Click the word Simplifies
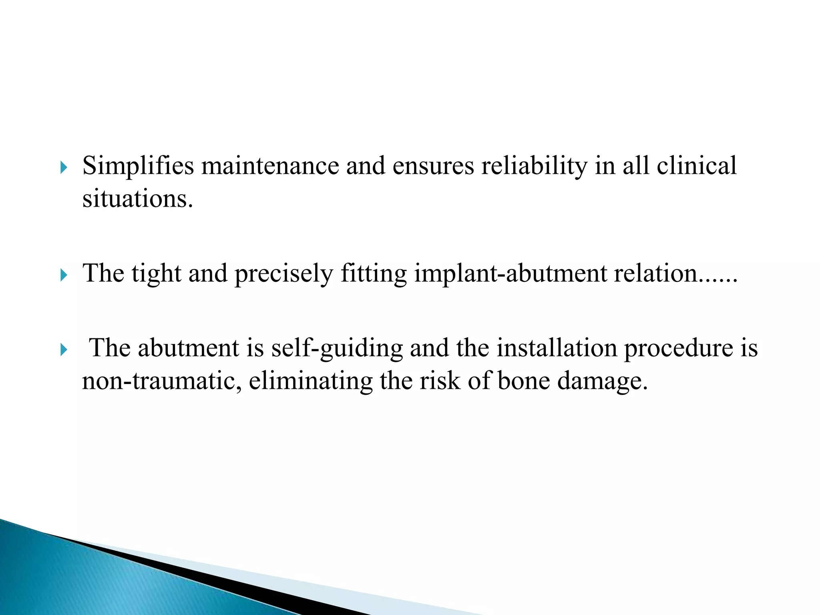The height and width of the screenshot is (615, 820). coord(138,166)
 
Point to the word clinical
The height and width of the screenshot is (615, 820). coord(697,166)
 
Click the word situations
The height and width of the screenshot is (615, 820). coord(137,199)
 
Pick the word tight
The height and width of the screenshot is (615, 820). coord(156,274)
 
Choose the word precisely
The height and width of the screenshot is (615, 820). coord(283,274)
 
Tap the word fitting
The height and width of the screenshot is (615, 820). coord(374,274)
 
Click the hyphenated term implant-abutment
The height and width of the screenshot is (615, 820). coord(510,274)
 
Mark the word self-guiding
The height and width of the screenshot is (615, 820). coord(337,348)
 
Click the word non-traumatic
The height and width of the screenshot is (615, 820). coord(162,381)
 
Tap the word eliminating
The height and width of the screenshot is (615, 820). coord(311,381)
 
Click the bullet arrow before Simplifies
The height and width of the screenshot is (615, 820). coord(64,168)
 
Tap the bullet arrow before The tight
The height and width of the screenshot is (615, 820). coord(64,275)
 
